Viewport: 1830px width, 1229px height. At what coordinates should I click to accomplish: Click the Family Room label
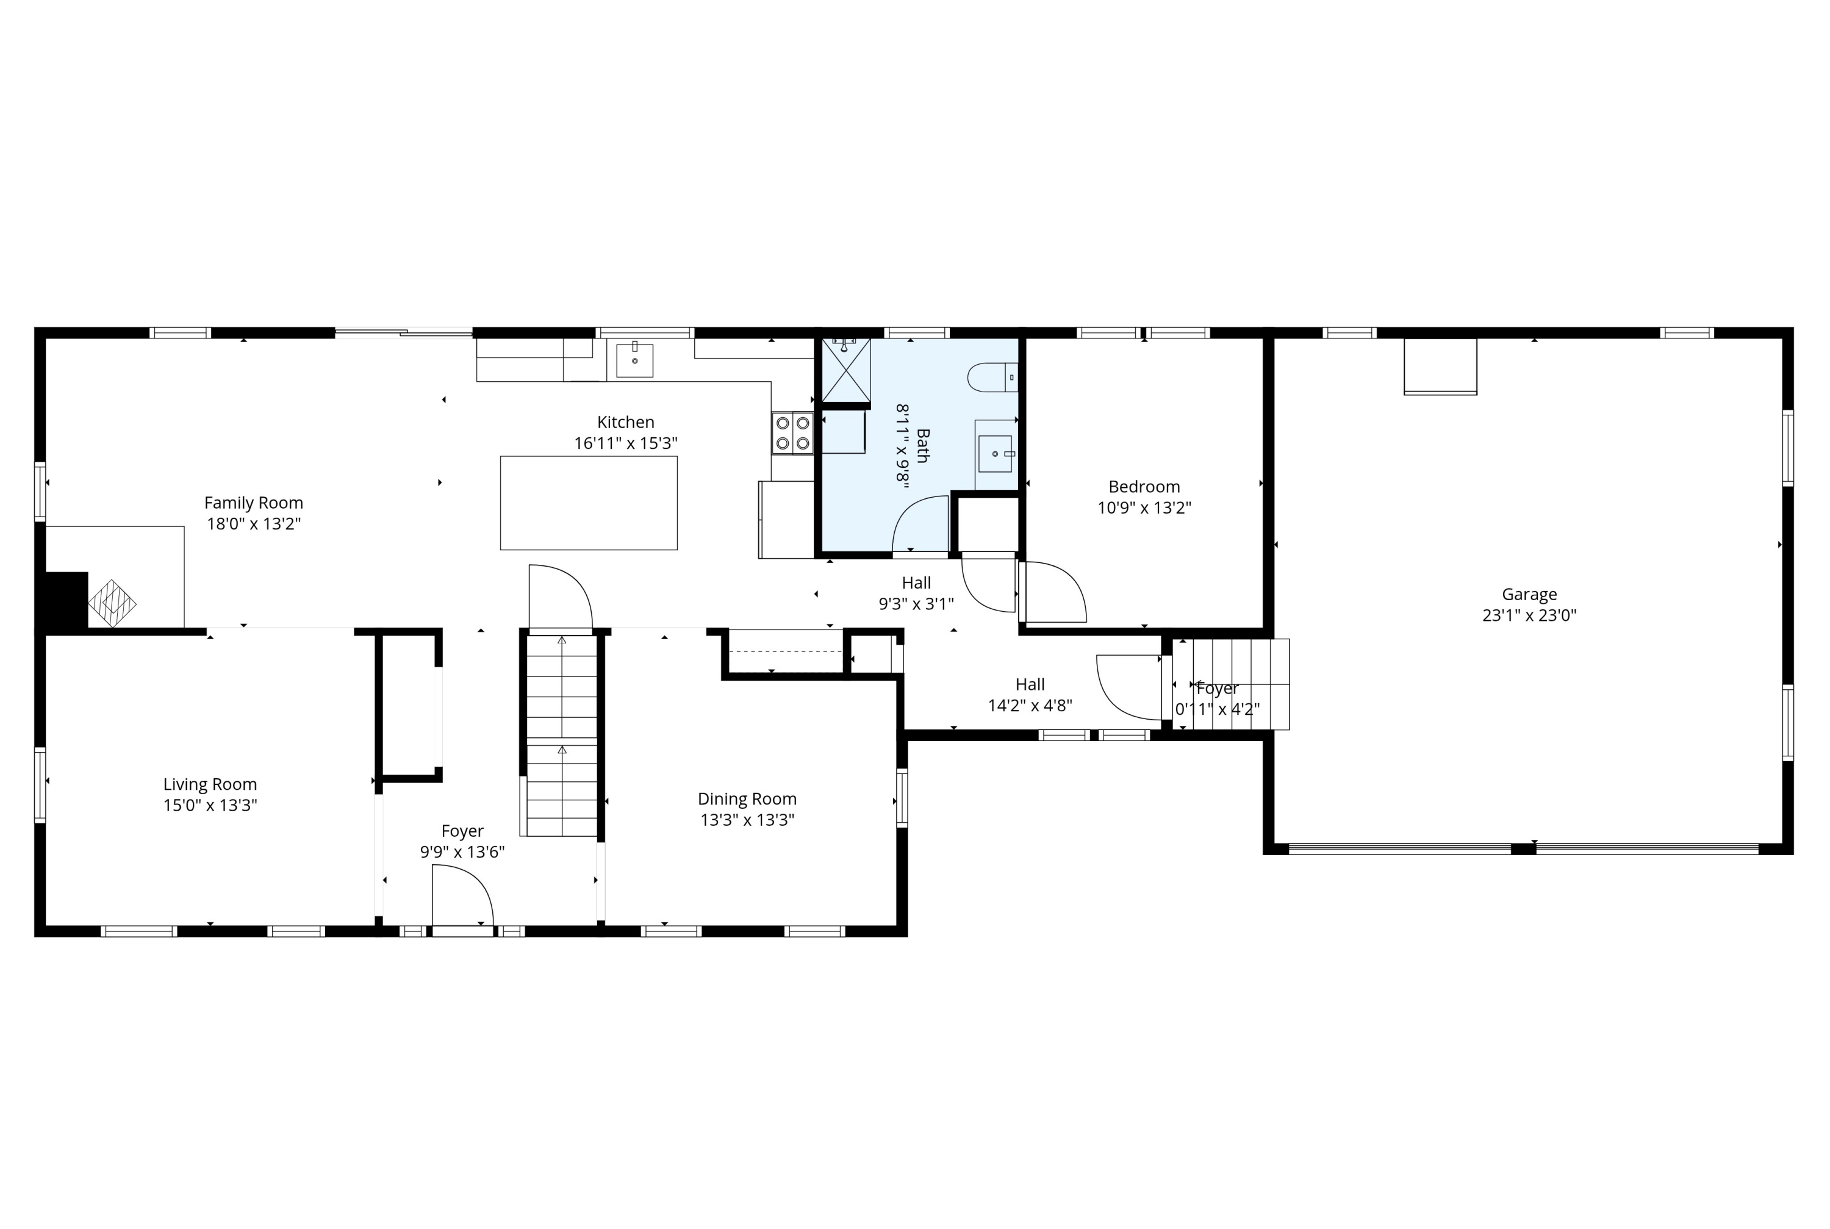(253, 503)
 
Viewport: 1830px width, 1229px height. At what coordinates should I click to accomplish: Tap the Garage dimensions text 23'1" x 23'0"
(1529, 615)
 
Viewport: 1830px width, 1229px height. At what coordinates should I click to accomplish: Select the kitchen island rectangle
(589, 503)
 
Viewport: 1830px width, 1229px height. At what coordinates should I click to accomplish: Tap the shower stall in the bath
(845, 370)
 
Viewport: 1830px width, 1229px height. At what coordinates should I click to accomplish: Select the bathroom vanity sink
(996, 454)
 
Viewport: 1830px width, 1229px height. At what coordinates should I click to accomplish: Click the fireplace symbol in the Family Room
(112, 604)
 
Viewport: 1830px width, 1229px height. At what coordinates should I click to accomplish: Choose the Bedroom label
(1144, 487)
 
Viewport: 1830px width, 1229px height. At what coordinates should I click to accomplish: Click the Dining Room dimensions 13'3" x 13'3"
(747, 820)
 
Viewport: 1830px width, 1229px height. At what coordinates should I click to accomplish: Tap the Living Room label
(210, 784)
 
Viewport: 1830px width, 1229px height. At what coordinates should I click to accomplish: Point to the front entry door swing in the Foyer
(463, 895)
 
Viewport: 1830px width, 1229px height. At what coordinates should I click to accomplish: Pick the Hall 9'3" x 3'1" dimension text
(916, 604)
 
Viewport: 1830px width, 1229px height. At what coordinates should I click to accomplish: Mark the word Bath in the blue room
(922, 446)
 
